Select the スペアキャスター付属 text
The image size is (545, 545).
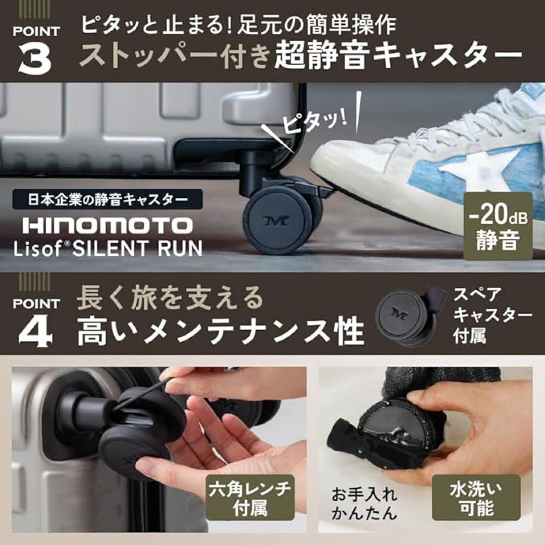[492, 315]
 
